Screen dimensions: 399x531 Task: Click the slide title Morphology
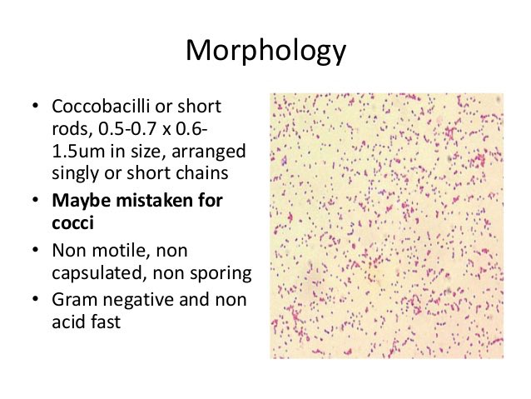click(x=265, y=51)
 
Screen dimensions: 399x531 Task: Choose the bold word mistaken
click(x=147, y=201)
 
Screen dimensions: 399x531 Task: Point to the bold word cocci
click(x=71, y=222)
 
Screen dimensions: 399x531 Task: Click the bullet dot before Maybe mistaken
click(x=35, y=202)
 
